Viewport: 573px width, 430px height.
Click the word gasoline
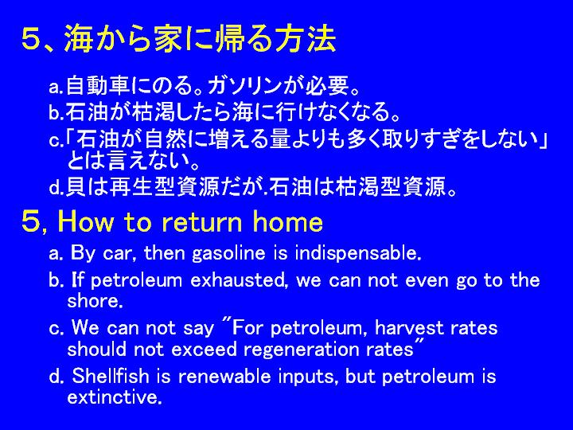228,254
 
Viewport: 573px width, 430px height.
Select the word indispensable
358,253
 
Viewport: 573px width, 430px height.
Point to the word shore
95,301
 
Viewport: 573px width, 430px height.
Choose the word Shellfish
111,376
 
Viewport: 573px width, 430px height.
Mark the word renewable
224,377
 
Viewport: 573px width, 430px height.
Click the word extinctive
115,397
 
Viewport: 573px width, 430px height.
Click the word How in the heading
85,221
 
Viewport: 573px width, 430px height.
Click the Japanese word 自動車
98,85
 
